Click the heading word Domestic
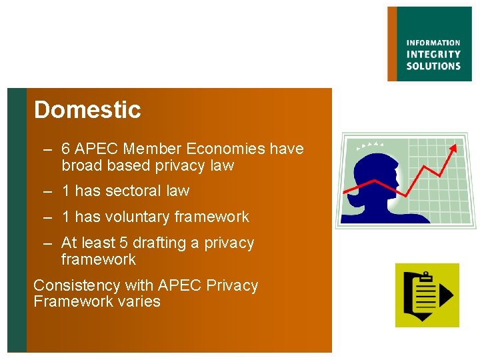[87, 110]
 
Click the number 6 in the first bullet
[66, 149]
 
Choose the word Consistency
[77, 285]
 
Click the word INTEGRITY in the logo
[433, 55]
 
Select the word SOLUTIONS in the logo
[433, 66]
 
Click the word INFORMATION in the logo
[433, 43]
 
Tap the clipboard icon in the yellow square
[419, 295]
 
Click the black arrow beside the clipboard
[446, 296]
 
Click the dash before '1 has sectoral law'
[48, 191]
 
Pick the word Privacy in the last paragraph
[233, 285]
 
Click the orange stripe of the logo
[392, 44]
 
